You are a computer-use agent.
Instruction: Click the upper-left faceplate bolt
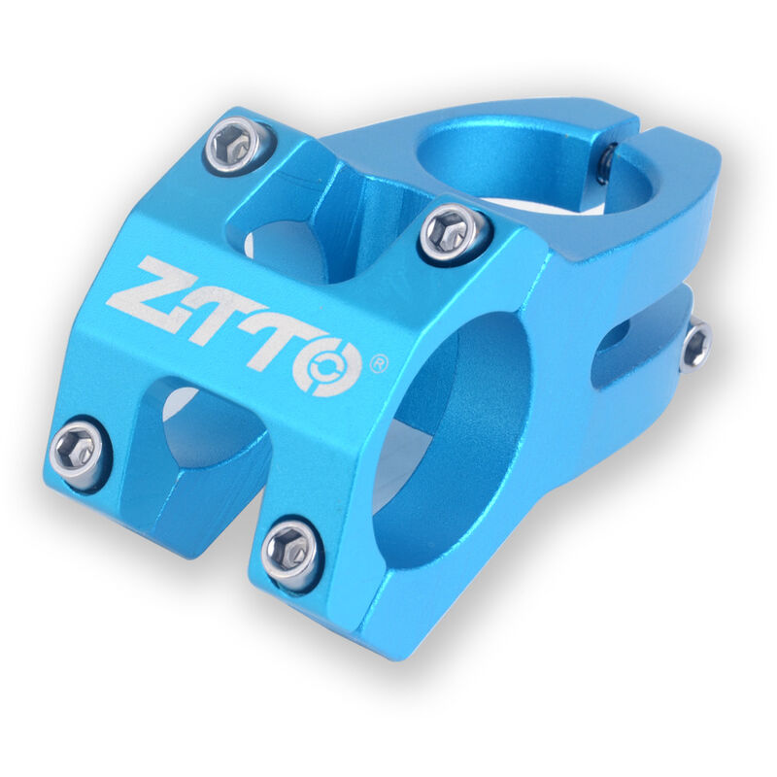pos(234,144)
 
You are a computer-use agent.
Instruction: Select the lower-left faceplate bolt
pos(78,450)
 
